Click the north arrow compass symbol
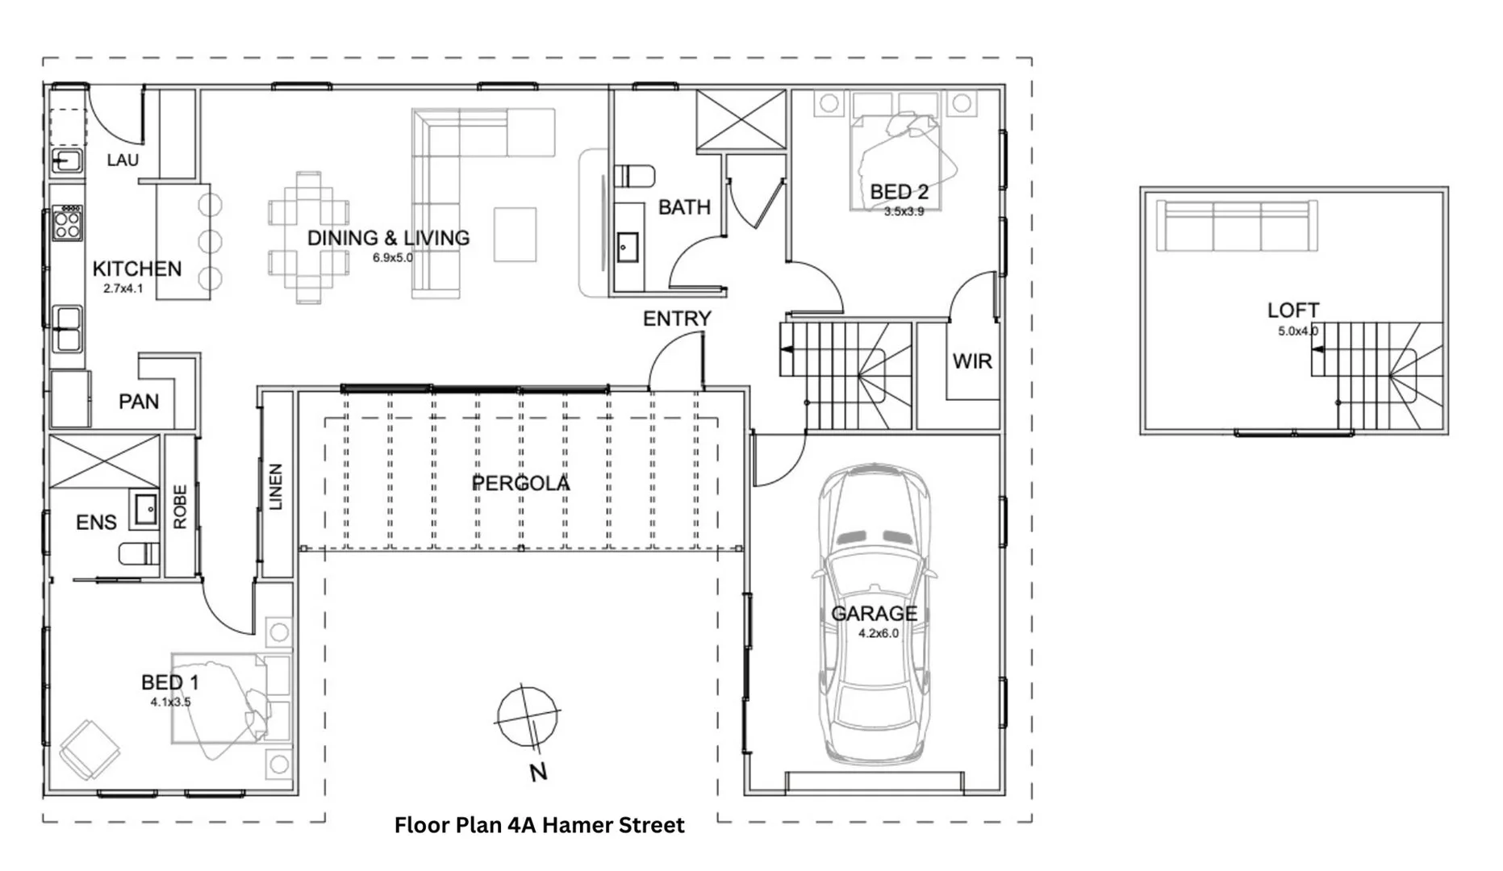click(x=528, y=717)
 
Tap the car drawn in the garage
click(x=875, y=613)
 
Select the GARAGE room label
click(x=875, y=614)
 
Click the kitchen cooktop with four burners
click(x=67, y=223)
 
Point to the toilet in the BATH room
click(x=634, y=176)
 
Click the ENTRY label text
click(x=677, y=319)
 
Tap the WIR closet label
click(x=972, y=361)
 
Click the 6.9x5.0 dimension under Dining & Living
click(x=392, y=258)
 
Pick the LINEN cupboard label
click(x=276, y=486)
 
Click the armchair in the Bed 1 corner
click(x=89, y=748)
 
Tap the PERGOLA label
click(x=521, y=483)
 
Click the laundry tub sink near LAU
click(x=67, y=161)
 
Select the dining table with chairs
click(x=309, y=237)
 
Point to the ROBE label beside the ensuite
click(x=180, y=506)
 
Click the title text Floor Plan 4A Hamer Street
click(x=539, y=825)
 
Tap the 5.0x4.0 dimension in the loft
click(x=1297, y=331)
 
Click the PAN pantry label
click(x=139, y=402)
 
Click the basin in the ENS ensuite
click(x=146, y=509)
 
